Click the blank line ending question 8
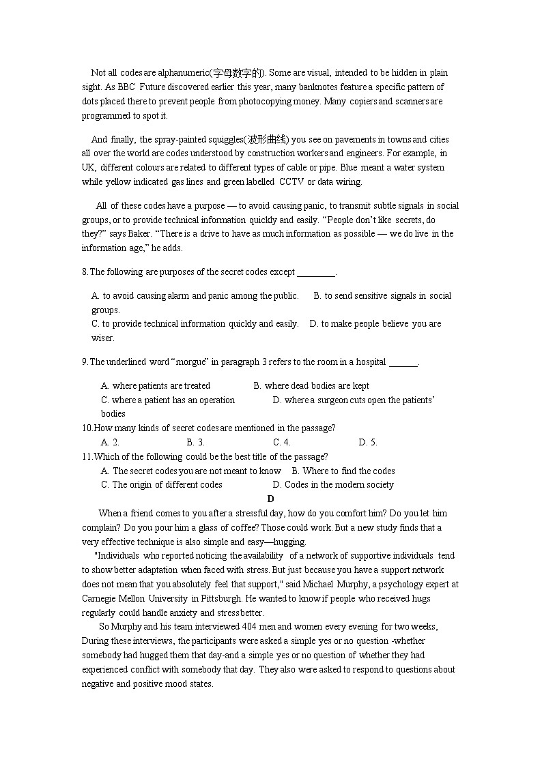pos(317,272)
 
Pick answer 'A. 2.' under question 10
pos(111,443)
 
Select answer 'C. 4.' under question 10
pos(282,443)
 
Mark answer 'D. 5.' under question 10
pos(368,443)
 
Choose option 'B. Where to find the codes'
pos(343,471)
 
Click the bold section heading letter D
pos(271,499)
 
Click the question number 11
pos(87,457)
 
